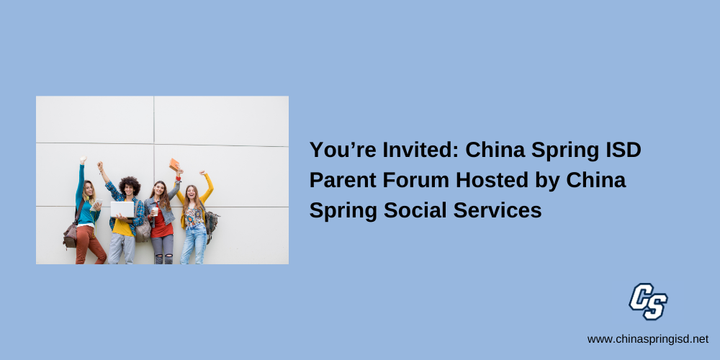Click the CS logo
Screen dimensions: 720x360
click(x=648, y=301)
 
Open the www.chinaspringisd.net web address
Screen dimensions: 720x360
click(x=648, y=339)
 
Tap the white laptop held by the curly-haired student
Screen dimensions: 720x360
click(x=122, y=210)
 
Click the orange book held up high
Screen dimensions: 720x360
click(x=174, y=164)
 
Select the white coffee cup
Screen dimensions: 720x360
click(x=156, y=211)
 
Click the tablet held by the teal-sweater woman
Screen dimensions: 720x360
click(x=96, y=204)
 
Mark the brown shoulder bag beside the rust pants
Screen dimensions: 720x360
click(x=71, y=235)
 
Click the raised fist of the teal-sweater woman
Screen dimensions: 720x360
click(x=83, y=160)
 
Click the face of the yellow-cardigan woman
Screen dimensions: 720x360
click(x=191, y=193)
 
